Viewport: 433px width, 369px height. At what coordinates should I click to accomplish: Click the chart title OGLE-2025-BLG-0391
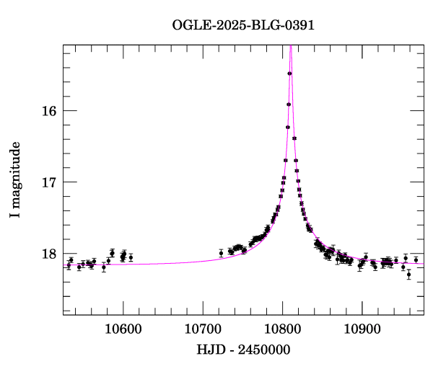coord(243,25)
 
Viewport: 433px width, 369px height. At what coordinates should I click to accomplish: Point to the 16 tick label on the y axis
coord(48,111)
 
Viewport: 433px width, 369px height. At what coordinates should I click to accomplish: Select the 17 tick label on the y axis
coord(48,182)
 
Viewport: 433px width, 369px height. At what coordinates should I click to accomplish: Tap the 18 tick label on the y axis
coord(48,254)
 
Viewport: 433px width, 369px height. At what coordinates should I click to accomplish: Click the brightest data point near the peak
coord(289,74)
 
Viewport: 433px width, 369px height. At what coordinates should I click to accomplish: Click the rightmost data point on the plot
coord(416,260)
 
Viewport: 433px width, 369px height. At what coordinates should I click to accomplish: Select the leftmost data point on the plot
coord(69,265)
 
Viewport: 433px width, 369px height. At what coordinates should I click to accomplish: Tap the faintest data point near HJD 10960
coord(408,275)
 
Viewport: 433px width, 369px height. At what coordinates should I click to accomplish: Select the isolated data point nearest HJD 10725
coord(221,253)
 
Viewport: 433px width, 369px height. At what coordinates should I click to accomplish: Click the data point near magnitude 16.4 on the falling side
coord(294,138)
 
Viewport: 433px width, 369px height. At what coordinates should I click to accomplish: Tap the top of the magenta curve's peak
coord(290,46)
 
